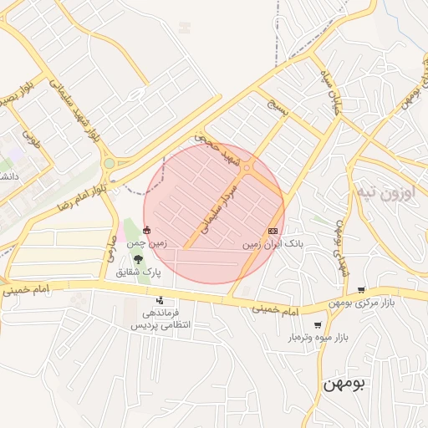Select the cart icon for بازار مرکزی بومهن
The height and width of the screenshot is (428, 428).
[361, 290]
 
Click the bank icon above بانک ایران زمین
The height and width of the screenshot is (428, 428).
[273, 231]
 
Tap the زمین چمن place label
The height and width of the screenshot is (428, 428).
[147, 243]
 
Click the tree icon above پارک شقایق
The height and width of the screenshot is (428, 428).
[137, 259]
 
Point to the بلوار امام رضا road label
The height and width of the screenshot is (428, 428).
[81, 193]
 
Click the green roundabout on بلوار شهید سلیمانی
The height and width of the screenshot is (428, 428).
[109, 164]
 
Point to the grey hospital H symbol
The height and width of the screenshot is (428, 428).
[185, 28]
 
